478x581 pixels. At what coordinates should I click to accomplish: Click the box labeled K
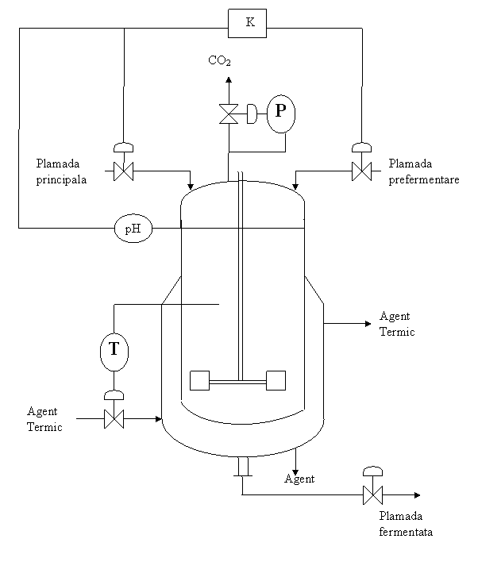[x=247, y=23]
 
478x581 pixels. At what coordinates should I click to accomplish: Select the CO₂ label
[x=223, y=61]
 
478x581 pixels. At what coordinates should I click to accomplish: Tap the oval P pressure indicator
[x=280, y=114]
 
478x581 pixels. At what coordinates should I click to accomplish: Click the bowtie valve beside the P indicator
[x=229, y=114]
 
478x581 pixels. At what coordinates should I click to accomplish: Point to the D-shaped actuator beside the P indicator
[x=251, y=114]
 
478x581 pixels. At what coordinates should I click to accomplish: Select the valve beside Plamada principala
[x=123, y=171]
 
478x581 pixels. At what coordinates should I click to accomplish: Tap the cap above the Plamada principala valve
[x=123, y=147]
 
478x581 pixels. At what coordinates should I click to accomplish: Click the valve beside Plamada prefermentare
[x=361, y=171]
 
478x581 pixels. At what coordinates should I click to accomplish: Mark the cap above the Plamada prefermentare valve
[x=361, y=147]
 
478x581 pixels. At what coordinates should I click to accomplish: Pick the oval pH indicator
[x=133, y=229]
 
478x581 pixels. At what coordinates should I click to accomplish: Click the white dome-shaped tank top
[x=242, y=205]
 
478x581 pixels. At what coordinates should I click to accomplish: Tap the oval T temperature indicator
[x=114, y=351]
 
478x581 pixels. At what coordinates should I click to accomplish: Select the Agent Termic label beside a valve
[x=47, y=418]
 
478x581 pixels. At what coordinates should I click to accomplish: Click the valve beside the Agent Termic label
[x=114, y=419]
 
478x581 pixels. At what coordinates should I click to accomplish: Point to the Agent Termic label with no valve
[x=399, y=323]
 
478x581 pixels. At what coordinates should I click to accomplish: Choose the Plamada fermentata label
[x=408, y=524]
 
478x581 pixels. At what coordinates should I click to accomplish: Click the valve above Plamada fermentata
[x=372, y=495]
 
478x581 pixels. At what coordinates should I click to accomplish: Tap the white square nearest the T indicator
[x=199, y=380]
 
